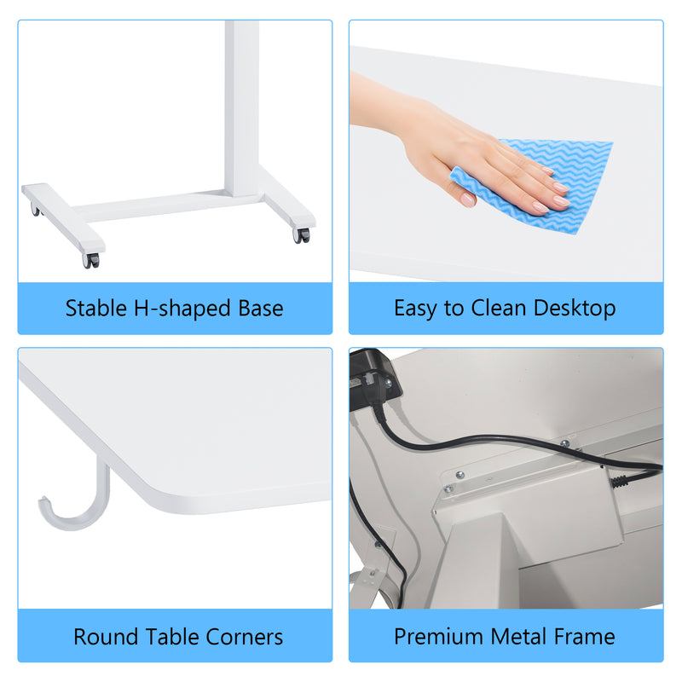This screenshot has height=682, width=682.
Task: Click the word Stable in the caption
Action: pos(94,309)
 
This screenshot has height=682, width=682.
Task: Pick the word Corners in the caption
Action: pos(244,637)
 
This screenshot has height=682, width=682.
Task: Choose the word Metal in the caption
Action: pos(521,637)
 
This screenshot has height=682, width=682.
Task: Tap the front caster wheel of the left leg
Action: pos(90,259)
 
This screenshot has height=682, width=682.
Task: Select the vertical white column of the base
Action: pos(241,102)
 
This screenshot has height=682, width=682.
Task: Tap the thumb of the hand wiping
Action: pos(465,197)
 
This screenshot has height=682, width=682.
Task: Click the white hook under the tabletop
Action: pos(72,503)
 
